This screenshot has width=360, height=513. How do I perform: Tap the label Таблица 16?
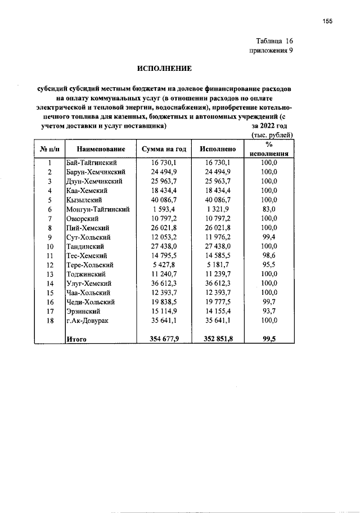(274, 41)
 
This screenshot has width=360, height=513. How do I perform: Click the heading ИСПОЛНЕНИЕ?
(165, 69)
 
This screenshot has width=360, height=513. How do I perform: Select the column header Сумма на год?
(164, 148)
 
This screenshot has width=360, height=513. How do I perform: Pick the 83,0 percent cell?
(269, 209)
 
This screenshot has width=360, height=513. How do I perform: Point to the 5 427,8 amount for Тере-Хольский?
(164, 265)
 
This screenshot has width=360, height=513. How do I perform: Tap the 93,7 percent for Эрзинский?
(269, 312)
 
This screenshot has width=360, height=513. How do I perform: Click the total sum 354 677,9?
(164, 339)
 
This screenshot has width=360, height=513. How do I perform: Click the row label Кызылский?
(84, 200)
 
